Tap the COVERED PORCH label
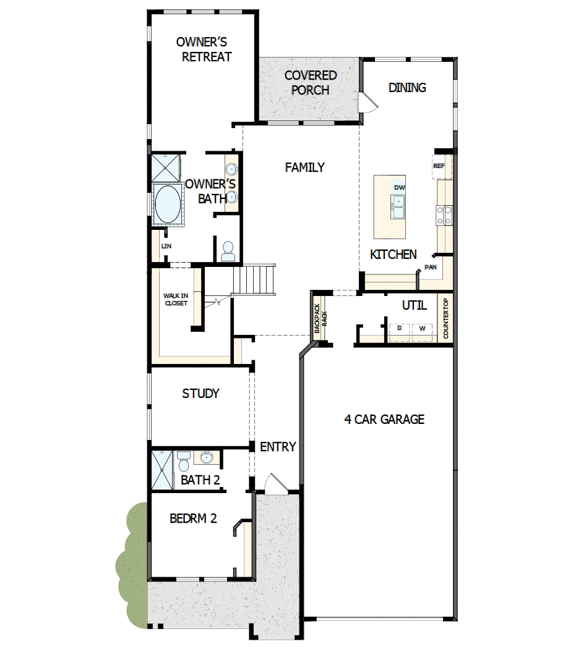[x=311, y=82]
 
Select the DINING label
[x=407, y=87]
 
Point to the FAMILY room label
[x=304, y=167]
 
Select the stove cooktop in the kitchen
[x=445, y=214]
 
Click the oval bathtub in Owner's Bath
[x=167, y=205]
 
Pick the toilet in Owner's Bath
[x=228, y=250]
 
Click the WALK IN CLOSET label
[x=175, y=299]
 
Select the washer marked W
[x=422, y=329]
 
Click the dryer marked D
[x=400, y=329]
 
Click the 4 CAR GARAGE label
[x=384, y=420]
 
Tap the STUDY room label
[x=200, y=394]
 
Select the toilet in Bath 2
[x=184, y=461]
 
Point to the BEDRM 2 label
[x=193, y=518]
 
